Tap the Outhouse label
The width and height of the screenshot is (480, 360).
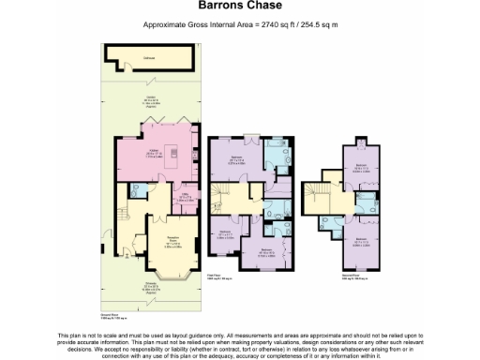[x=149, y=58]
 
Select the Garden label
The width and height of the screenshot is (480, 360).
[x=150, y=98]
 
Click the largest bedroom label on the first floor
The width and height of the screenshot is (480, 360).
[x=237, y=159]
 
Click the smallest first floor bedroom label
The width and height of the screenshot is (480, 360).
[x=225, y=235]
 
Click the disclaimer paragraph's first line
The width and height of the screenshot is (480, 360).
[x=240, y=335]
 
